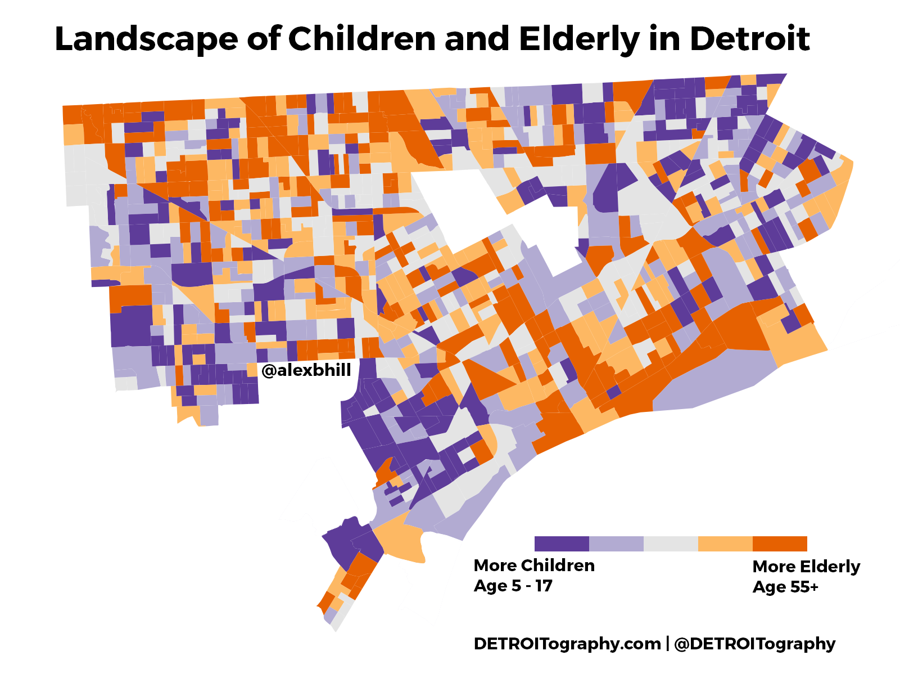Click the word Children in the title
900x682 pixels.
coord(362,39)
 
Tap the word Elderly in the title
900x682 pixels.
coord(579,39)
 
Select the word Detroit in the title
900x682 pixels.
coord(749,39)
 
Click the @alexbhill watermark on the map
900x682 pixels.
coord(306,370)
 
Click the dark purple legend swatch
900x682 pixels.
coord(562,544)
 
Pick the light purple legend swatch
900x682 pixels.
coord(616,544)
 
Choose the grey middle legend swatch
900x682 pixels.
coord(671,544)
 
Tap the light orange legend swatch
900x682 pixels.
coord(725,544)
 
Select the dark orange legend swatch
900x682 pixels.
coord(780,544)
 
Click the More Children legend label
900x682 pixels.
coord(534,566)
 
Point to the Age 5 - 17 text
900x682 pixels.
coord(513,586)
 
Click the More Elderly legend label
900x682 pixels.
coord(806,567)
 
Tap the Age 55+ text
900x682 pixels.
coord(785,587)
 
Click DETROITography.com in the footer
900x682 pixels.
coord(567,643)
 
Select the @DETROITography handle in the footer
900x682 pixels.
coord(754,643)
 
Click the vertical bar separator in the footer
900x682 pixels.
coord(667,643)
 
